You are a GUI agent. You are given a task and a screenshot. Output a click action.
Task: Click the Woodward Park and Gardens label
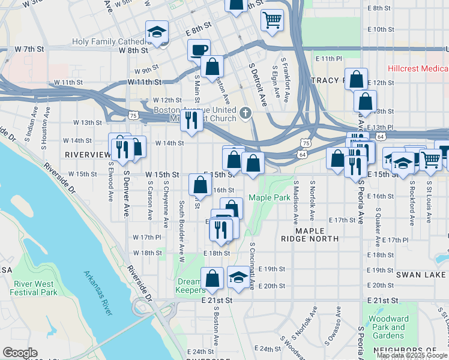389,327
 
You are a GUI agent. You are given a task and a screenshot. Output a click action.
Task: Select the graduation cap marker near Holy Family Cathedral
157,31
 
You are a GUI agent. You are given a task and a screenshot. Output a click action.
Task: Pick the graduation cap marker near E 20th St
238,277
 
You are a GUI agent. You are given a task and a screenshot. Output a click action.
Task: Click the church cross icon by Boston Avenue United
245,113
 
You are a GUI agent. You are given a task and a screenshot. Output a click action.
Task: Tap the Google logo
20,353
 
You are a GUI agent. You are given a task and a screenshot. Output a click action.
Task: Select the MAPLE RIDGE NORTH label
309,235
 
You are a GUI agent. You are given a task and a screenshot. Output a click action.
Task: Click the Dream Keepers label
191,286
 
